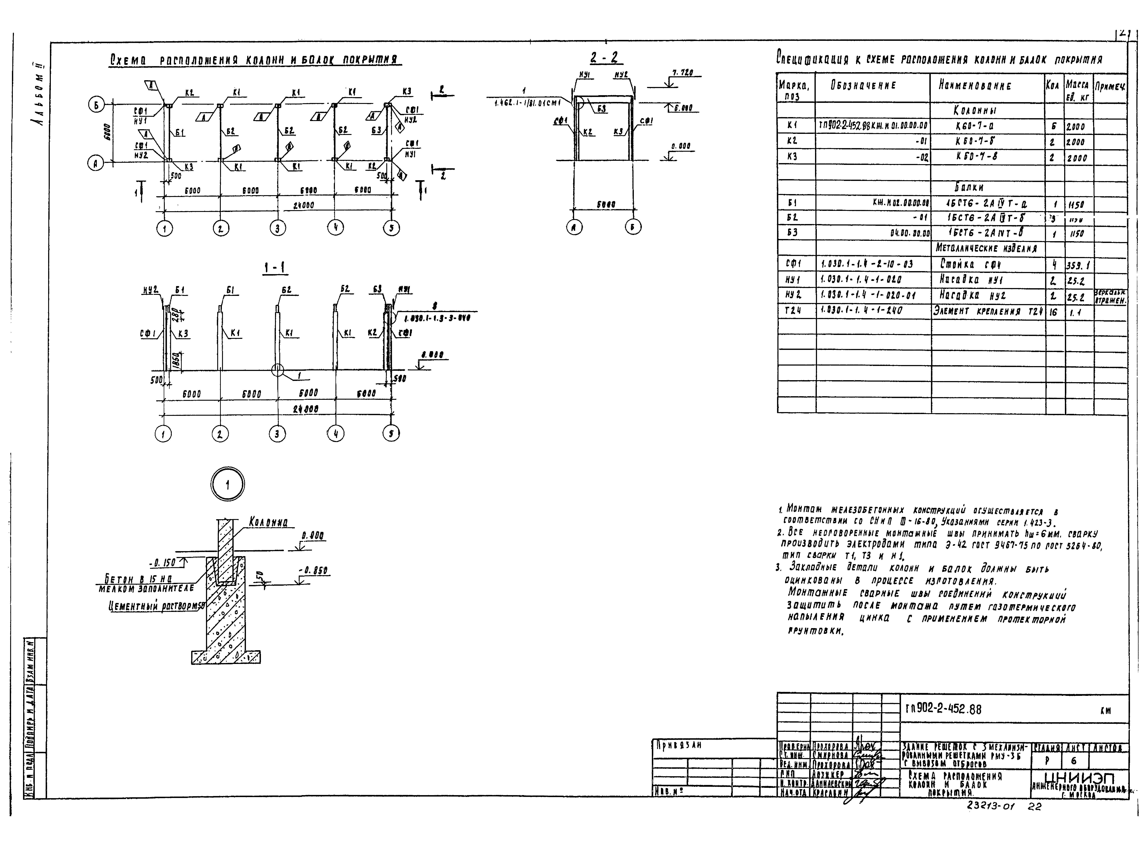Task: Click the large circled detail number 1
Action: [x=227, y=484]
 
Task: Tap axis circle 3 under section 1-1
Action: [x=277, y=434]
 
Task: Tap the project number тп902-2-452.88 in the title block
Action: [x=943, y=709]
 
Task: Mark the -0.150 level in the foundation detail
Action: [x=162, y=563]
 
